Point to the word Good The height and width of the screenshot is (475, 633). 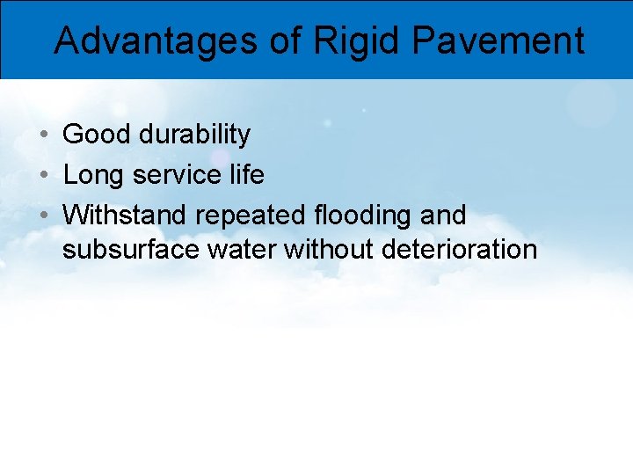pos(97,135)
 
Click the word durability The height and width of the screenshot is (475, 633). pos(194,135)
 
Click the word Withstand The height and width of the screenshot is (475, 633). pos(126,215)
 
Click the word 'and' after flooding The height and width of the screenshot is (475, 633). pos(443,215)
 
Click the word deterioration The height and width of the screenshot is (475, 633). pos(460,250)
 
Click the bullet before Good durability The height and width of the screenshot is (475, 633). pos(42,135)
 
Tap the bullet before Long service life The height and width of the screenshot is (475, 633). pos(42,176)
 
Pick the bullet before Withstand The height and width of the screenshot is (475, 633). pos(42,216)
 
